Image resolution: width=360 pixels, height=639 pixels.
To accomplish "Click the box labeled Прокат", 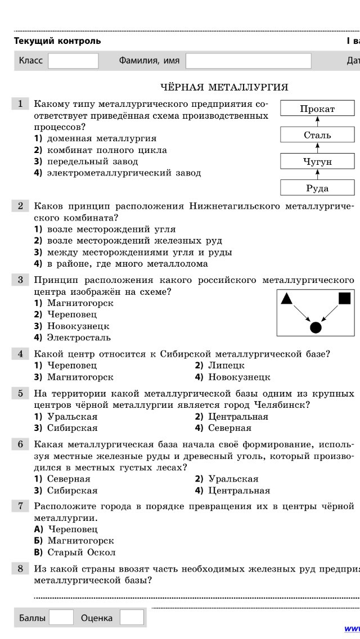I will [x=317, y=109].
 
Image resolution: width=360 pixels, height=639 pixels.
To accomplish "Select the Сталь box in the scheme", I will [x=317, y=135].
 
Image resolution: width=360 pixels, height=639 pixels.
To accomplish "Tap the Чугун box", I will [x=317, y=161].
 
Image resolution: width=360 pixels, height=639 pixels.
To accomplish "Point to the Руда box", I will [x=317, y=188].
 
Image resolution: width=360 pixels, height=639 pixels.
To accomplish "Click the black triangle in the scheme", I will [x=286, y=299].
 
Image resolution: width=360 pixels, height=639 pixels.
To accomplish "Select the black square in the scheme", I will [x=344, y=299].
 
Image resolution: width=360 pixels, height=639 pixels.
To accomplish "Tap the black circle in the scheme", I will [x=316, y=327].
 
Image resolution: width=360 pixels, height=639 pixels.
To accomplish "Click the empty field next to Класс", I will [x=73, y=61].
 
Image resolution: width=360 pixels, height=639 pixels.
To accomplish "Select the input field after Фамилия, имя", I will [x=248, y=61].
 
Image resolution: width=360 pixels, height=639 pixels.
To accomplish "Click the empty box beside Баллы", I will [x=61, y=618].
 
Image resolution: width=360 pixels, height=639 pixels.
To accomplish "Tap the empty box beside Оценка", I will [x=132, y=618].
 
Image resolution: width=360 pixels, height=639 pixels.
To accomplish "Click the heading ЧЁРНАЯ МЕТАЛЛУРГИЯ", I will [x=224, y=87].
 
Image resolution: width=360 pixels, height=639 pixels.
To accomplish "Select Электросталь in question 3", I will [x=79, y=337].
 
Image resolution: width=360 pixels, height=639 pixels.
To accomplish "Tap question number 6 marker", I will [x=20, y=444].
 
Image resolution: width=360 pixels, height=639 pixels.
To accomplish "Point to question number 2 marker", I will [x=20, y=206].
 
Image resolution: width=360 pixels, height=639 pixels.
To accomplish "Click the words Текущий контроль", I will [x=57, y=40].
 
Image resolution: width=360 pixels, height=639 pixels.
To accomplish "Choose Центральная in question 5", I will [x=238, y=417].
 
